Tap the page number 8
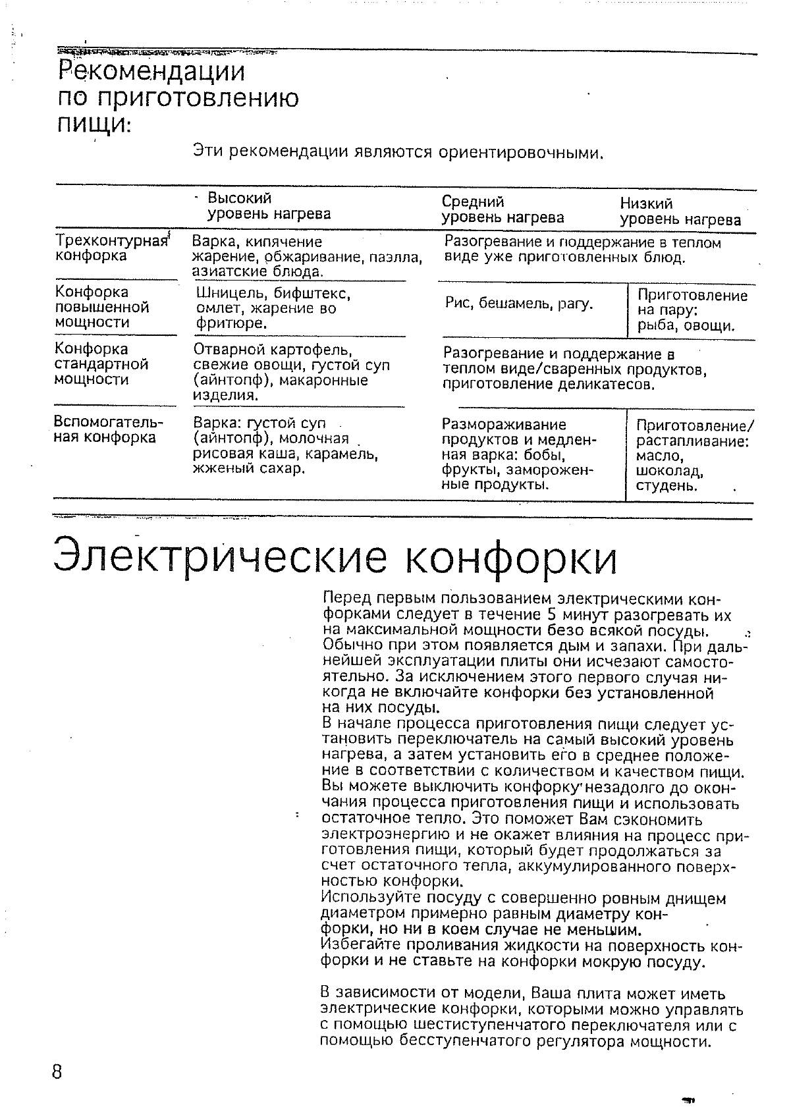pyautogui.click(x=57, y=1071)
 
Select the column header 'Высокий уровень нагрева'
pyautogui.click(x=269, y=206)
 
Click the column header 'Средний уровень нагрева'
pyautogui.click(x=502, y=209)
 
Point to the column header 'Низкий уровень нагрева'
pyautogui.click(x=680, y=211)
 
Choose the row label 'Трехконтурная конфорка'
pyautogui.click(x=110, y=248)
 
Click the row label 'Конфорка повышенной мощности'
pyautogui.click(x=102, y=307)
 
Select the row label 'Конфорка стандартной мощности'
pyautogui.click(x=101, y=364)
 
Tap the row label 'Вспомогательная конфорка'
pyautogui.click(x=107, y=429)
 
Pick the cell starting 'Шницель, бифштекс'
pyautogui.click(x=273, y=308)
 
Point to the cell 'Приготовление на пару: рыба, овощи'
pyautogui.click(x=692, y=310)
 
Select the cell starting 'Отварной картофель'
pyautogui.click(x=290, y=371)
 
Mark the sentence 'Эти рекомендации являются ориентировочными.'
pyautogui.click(x=398, y=153)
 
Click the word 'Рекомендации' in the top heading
pyautogui.click(x=151, y=71)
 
